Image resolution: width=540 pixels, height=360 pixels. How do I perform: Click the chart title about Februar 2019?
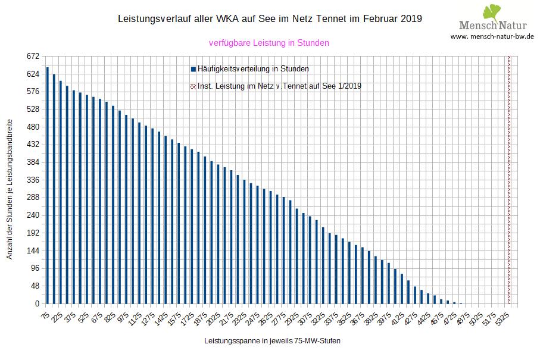(x=271, y=18)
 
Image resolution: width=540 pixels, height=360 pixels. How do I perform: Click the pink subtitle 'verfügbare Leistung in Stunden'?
(x=269, y=43)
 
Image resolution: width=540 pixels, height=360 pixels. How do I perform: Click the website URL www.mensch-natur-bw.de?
(x=492, y=36)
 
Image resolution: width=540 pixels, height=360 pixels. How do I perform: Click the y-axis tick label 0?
(x=36, y=304)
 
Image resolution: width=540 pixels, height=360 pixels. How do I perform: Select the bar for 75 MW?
(x=47, y=186)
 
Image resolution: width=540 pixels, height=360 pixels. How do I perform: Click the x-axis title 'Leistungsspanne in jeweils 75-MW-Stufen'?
(x=272, y=341)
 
